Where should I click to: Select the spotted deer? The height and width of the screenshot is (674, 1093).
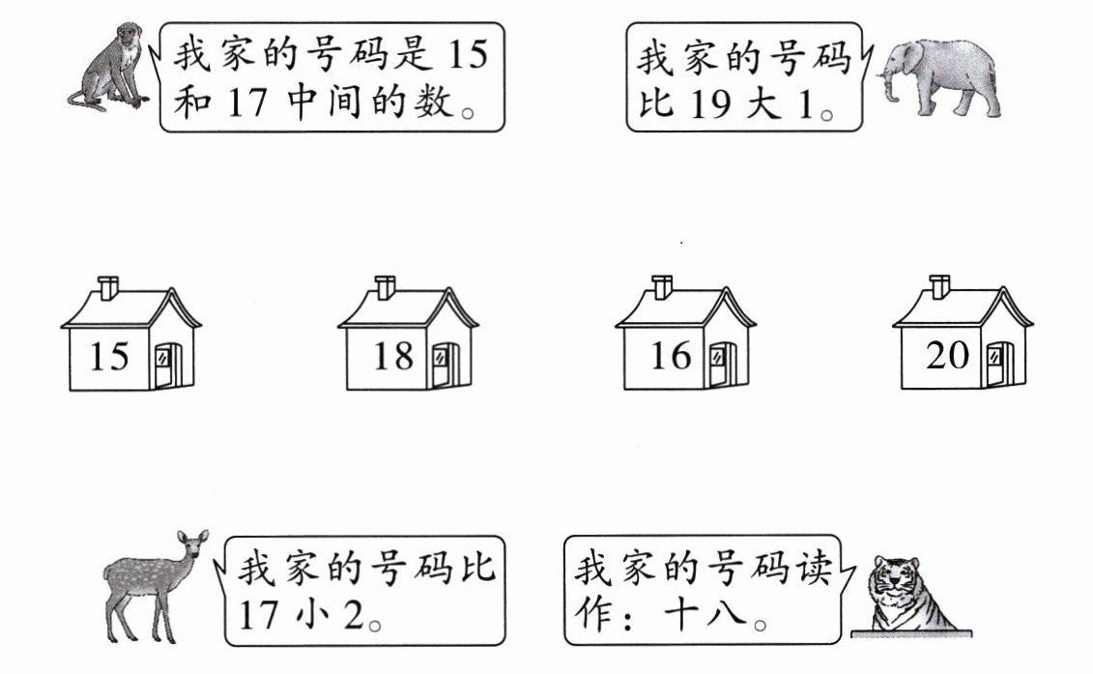tap(145, 585)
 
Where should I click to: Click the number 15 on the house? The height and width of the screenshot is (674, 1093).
tap(109, 357)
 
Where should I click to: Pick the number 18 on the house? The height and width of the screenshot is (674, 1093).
tap(393, 357)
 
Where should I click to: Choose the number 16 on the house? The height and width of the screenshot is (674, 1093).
tap(671, 357)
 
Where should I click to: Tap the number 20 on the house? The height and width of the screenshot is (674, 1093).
tap(947, 356)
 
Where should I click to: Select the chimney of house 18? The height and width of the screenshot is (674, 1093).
tap(386, 286)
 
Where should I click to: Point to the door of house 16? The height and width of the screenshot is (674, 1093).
tap(720, 364)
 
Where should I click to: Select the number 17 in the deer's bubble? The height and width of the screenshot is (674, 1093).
tap(259, 616)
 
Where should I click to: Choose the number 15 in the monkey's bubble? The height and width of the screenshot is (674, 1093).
tap(469, 55)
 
